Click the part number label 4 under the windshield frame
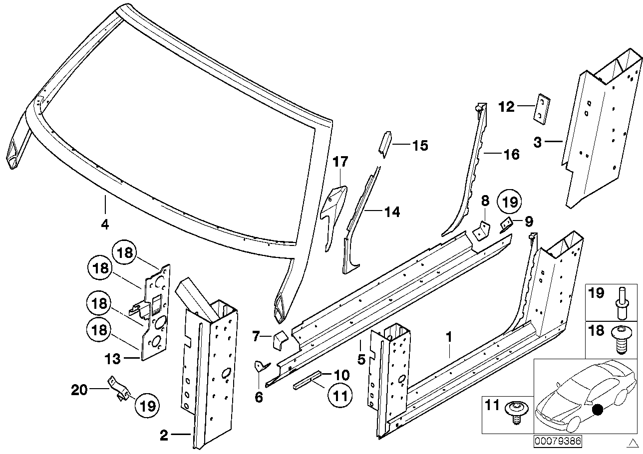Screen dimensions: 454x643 pos(104,225)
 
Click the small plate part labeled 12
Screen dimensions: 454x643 pos(542,107)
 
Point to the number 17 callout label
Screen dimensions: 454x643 pos(340,162)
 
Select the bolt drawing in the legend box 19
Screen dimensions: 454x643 pos(622,302)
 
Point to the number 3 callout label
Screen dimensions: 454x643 pos(537,142)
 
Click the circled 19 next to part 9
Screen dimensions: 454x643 pos(509,202)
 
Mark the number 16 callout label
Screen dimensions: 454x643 pos(511,155)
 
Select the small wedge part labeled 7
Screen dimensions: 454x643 pos(279,341)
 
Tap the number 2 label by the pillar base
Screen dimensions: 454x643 pos(164,436)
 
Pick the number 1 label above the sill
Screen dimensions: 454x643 pos(449,338)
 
